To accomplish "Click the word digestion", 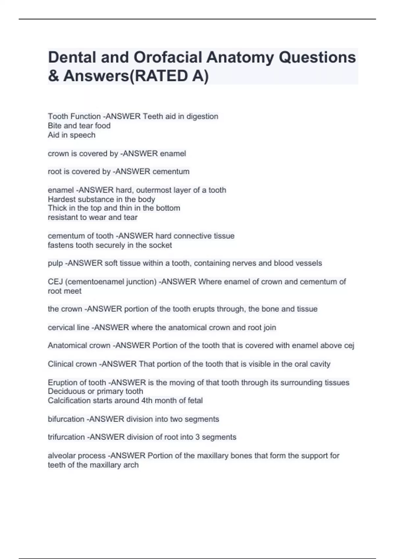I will click(x=202, y=116).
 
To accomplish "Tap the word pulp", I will click(x=55, y=263).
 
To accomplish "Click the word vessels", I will click(x=309, y=263).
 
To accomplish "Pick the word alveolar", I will click(x=60, y=456).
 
